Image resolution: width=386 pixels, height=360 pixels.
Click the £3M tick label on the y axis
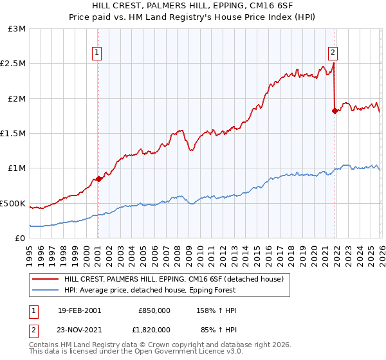pyautogui.click(x=17, y=29)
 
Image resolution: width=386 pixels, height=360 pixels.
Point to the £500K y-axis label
pyautogui.click(x=13, y=203)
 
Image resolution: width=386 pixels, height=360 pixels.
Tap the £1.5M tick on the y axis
pyautogui.click(x=13, y=133)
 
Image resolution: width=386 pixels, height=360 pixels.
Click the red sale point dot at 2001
pyautogui.click(x=98, y=179)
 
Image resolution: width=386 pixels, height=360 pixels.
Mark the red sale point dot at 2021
pyautogui.click(x=335, y=111)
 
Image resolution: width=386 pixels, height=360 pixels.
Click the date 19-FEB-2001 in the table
pyautogui.click(x=79, y=310)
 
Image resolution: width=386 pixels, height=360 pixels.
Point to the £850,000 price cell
pyautogui.click(x=154, y=310)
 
